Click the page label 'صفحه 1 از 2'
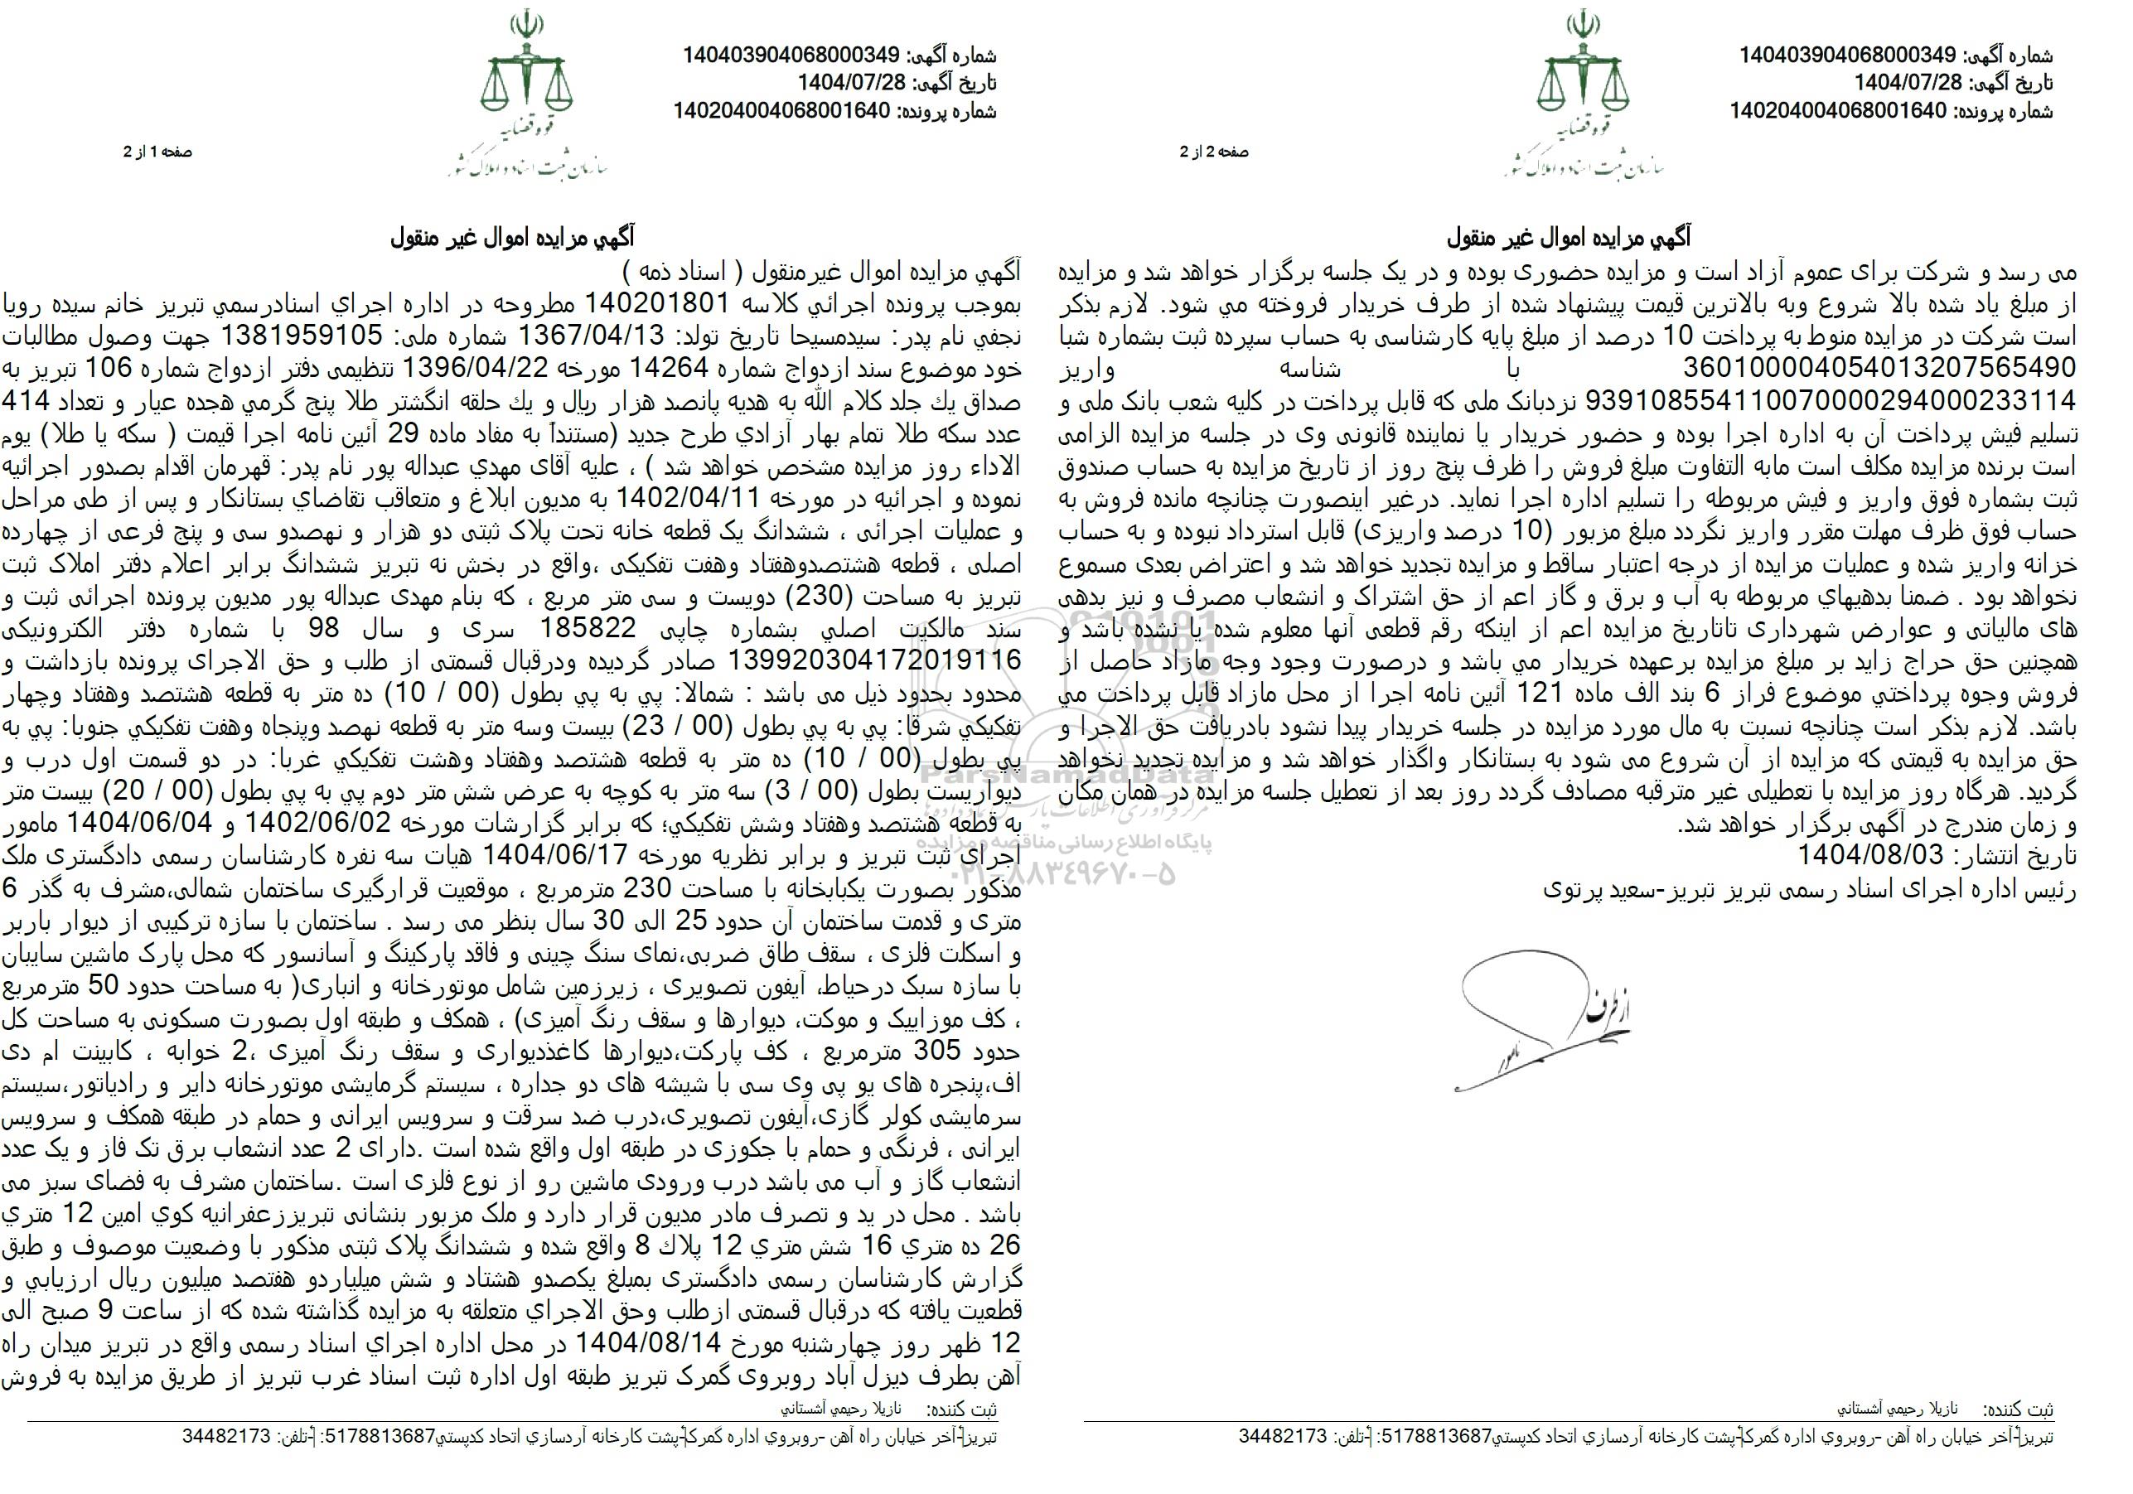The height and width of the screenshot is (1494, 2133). click(x=158, y=152)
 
